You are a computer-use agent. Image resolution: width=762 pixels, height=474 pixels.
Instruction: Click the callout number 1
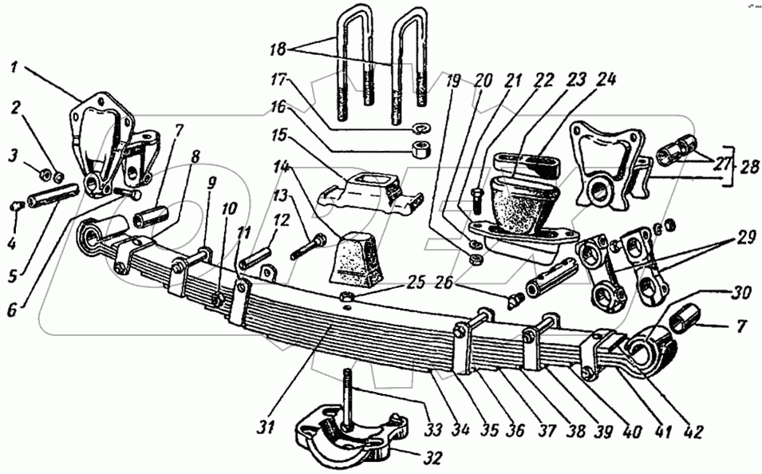tap(15, 67)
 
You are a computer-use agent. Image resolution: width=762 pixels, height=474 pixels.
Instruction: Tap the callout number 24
tap(606, 81)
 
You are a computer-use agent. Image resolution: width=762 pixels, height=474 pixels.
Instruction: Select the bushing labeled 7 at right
tap(685, 318)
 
